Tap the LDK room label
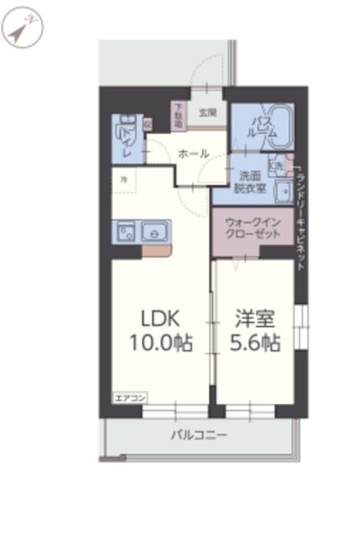[x=157, y=318]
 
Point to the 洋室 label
[x=255, y=318]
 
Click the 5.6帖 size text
[x=255, y=342]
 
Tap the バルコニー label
[x=199, y=435]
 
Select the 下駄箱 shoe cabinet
[x=180, y=115]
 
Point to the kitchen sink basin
[x=155, y=230]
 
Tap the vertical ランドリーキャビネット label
[x=302, y=213]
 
